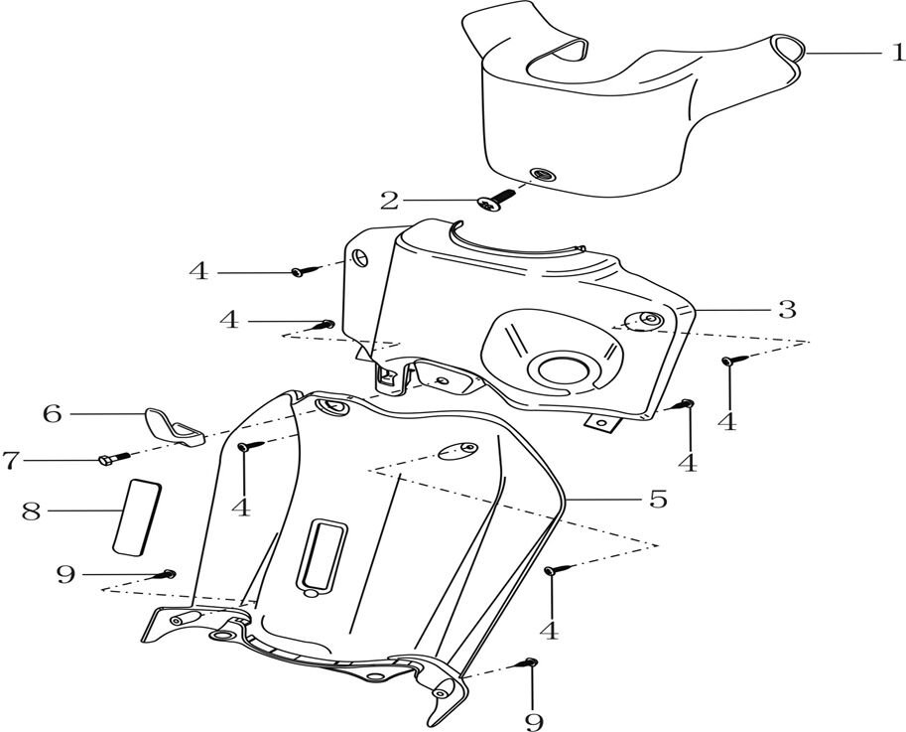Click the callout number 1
pyautogui.click(x=896, y=53)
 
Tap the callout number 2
pyautogui.click(x=390, y=202)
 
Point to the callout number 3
pyautogui.click(x=786, y=309)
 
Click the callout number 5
pyautogui.click(x=657, y=497)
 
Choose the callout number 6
pyautogui.click(x=52, y=413)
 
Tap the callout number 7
pyautogui.click(x=10, y=460)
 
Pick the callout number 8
pyautogui.click(x=32, y=512)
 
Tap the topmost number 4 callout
pyautogui.click(x=199, y=271)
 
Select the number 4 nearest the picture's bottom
pyautogui.click(x=549, y=630)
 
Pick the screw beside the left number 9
pyautogui.click(x=167, y=573)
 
